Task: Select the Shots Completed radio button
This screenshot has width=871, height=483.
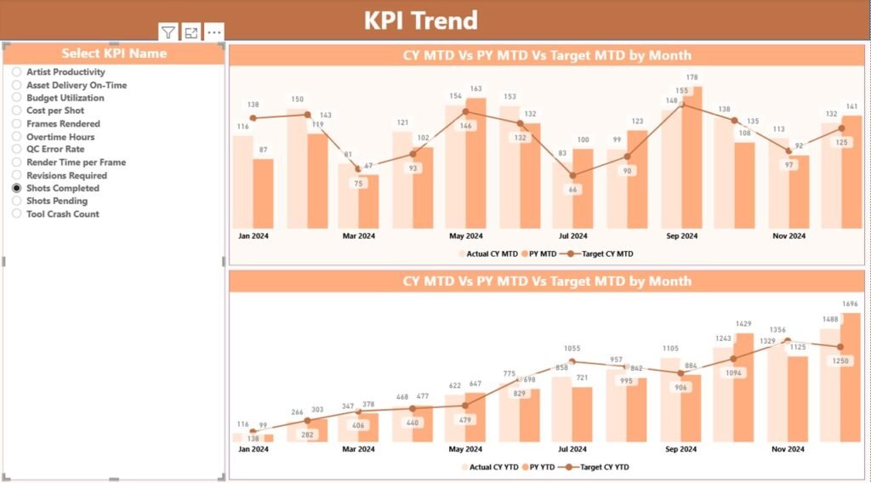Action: pyautogui.click(x=16, y=188)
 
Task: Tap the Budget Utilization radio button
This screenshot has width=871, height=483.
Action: pyautogui.click(x=16, y=98)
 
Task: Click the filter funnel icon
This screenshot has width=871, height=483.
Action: pyautogui.click(x=168, y=32)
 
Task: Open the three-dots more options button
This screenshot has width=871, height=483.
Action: pyautogui.click(x=214, y=32)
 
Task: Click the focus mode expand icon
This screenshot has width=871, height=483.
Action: pyautogui.click(x=191, y=32)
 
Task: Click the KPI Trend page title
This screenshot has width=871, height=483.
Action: pyautogui.click(x=421, y=20)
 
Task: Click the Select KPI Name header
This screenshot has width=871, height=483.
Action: pyautogui.click(x=114, y=54)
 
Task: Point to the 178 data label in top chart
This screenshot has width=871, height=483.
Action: pyautogui.click(x=692, y=77)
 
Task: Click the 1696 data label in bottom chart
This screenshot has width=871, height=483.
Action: pyautogui.click(x=850, y=304)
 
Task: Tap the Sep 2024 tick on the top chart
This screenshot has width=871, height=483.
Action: pyautogui.click(x=681, y=236)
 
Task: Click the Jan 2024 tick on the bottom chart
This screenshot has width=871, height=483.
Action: pyautogui.click(x=253, y=449)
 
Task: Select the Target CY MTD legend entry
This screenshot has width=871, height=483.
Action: pyautogui.click(x=601, y=253)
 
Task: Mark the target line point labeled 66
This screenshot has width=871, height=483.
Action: pyautogui.click(x=572, y=176)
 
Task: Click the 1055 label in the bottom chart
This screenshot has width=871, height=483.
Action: pyautogui.click(x=572, y=348)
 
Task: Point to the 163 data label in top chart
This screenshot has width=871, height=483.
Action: pyautogui.click(x=476, y=88)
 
